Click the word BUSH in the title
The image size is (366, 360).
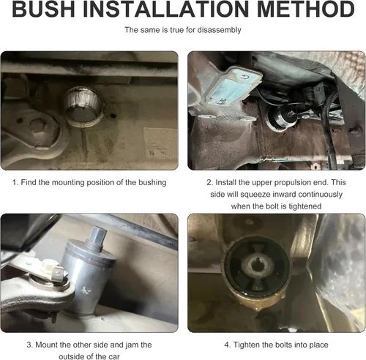click(43, 10)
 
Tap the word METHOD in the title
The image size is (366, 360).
click(306, 10)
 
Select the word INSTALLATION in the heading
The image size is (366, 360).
click(166, 10)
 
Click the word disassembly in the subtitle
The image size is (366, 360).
click(219, 30)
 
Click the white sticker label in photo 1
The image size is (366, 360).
click(160, 143)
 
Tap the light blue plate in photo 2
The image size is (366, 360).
click(233, 86)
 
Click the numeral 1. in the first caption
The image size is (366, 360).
click(15, 182)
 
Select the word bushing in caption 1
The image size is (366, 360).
click(152, 183)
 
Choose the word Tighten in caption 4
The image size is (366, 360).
click(246, 345)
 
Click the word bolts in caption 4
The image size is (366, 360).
click(283, 345)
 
